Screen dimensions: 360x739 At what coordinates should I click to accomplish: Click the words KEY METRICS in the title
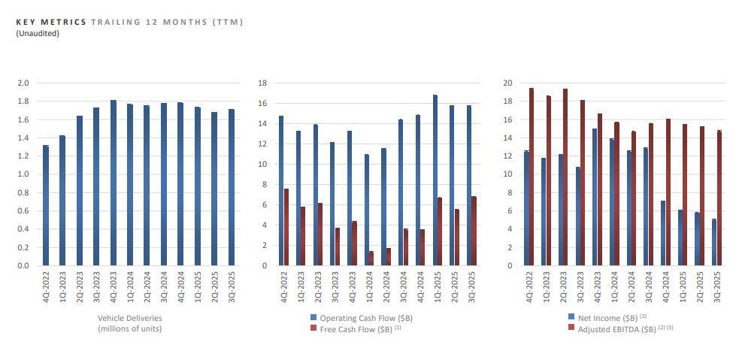click(50, 23)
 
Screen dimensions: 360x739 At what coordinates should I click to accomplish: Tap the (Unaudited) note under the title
click(37, 33)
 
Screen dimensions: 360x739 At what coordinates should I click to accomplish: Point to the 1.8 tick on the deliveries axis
click(24, 101)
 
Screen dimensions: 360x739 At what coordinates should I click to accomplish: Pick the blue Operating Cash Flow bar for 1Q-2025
click(435, 180)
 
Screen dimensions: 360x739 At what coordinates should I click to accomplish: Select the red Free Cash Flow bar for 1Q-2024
click(371, 258)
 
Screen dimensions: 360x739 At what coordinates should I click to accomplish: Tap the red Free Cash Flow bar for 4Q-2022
click(286, 227)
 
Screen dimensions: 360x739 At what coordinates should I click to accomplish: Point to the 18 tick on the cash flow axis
click(262, 83)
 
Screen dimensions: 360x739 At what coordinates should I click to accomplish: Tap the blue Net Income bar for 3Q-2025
click(713, 242)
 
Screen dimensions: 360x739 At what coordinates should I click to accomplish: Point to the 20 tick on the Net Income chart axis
click(507, 83)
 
